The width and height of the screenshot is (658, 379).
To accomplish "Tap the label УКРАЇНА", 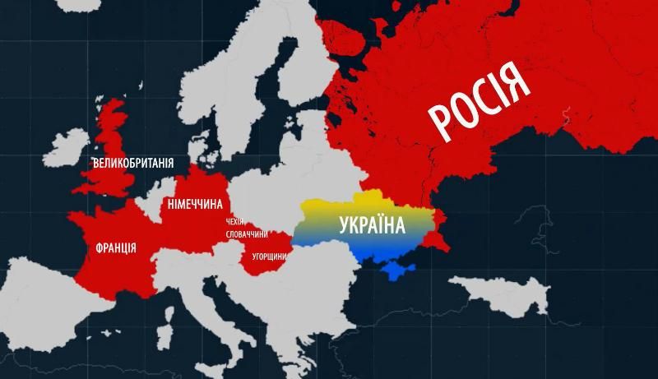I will pyautogui.click(x=371, y=224).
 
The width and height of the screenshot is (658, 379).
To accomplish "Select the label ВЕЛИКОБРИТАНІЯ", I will pyautogui.click(x=133, y=163).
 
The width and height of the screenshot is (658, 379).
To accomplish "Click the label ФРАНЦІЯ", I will pyautogui.click(x=116, y=247).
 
